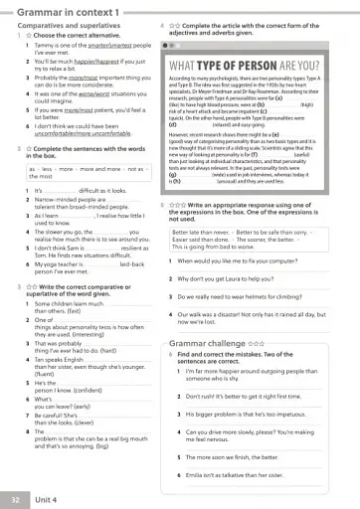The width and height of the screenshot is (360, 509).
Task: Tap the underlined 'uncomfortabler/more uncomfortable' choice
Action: click(x=90, y=136)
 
